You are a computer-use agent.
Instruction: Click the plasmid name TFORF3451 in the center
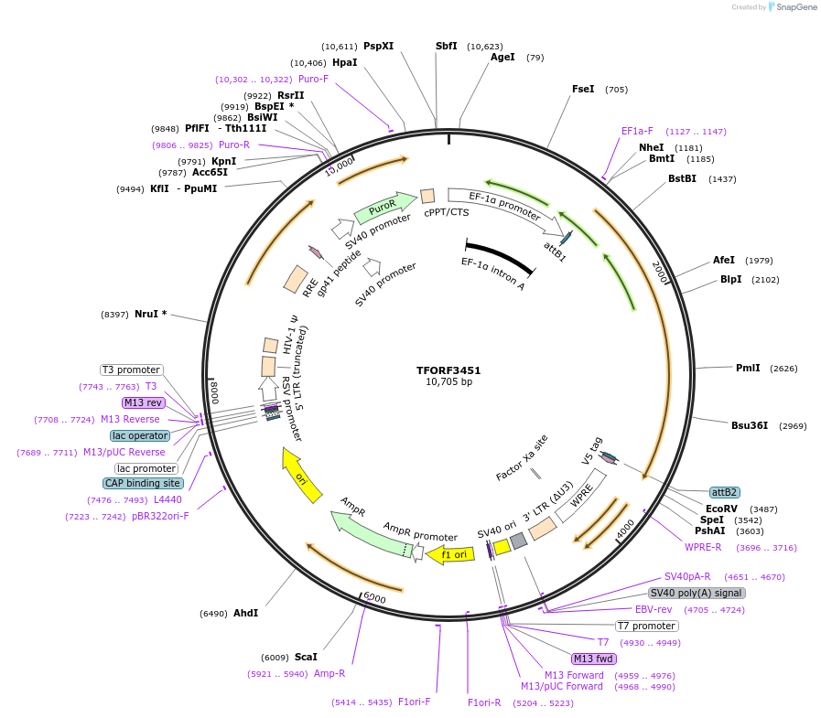[448, 370]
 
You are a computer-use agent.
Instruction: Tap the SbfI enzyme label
[447, 46]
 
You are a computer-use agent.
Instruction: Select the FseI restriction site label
[583, 90]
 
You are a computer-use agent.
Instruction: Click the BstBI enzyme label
[682, 179]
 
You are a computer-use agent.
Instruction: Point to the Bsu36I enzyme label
[749, 425]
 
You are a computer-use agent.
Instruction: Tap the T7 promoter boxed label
[646, 627]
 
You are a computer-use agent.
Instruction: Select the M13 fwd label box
[593, 659]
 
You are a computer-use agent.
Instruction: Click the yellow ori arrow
[301, 475]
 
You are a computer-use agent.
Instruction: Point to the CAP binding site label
[143, 483]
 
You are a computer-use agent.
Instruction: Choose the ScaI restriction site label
[306, 657]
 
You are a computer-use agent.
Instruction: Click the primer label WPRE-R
[703, 547]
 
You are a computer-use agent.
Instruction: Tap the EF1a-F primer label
[637, 131]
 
